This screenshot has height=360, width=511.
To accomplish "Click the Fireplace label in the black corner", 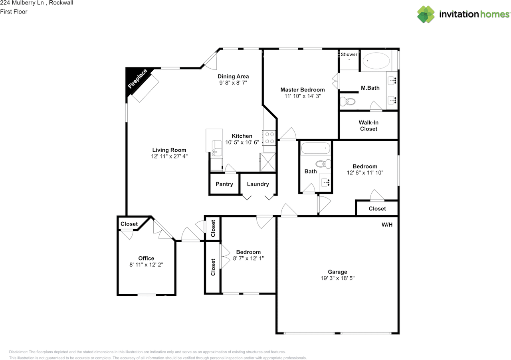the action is point(138,79).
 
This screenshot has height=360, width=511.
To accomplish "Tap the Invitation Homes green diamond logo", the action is point(426,14).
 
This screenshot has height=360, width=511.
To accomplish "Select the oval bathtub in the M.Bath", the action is point(376,61).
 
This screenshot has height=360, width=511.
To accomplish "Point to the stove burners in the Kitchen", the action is point(269,138).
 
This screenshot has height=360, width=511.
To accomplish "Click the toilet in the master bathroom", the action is point(347,101).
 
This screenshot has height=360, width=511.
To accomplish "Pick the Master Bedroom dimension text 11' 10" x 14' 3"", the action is point(303,96).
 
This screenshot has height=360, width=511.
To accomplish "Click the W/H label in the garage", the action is point(387,225).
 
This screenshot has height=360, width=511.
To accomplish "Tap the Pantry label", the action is point(224,184).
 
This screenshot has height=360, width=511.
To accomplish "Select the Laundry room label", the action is point(258,184).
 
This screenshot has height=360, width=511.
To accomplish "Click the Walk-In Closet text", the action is point(368,126).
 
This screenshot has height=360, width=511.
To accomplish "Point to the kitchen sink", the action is point(216,148).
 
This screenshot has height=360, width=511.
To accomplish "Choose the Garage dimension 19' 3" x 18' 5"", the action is point(338,278).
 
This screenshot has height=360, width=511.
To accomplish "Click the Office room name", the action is point(146,258).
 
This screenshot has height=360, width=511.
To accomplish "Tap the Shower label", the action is point(349,54).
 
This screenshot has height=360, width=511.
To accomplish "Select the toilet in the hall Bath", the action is point(323,164).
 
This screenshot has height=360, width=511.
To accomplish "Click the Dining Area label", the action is point(233,76).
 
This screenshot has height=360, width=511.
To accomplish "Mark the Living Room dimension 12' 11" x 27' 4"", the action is point(169,156).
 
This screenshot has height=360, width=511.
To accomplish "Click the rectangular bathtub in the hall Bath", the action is point(315,148).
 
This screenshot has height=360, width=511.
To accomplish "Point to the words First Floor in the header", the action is point(14,12).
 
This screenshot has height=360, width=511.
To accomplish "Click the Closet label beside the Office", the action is point(129,224).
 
